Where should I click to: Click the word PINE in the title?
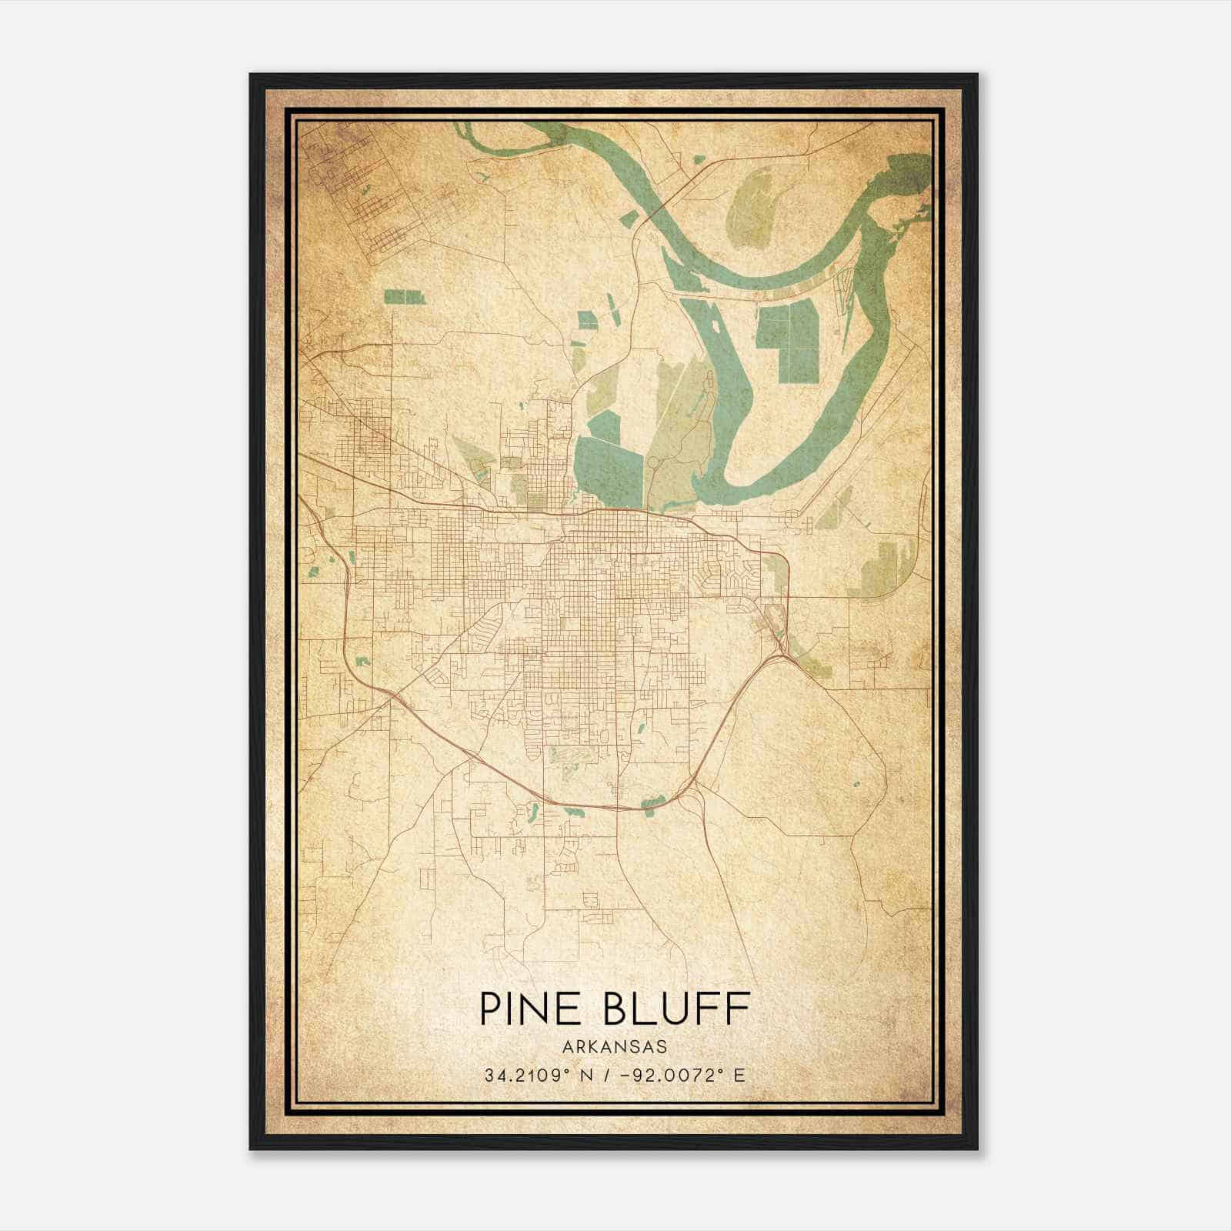tap(532, 1008)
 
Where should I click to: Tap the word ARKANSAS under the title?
tap(614, 1047)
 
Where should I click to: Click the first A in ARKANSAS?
tap(567, 1047)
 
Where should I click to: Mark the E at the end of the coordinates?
tap(739, 1076)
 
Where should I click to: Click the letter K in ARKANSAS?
tap(593, 1047)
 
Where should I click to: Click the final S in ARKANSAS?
tap(662, 1047)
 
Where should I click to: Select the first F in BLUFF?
tap(709, 1008)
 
